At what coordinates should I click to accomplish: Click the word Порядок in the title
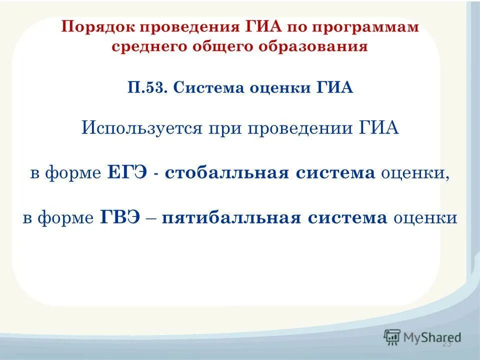pyautogui.click(x=93, y=27)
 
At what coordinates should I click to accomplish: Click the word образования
pyautogui.click(x=318, y=47)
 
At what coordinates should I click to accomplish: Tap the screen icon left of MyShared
pyautogui.click(x=392, y=336)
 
